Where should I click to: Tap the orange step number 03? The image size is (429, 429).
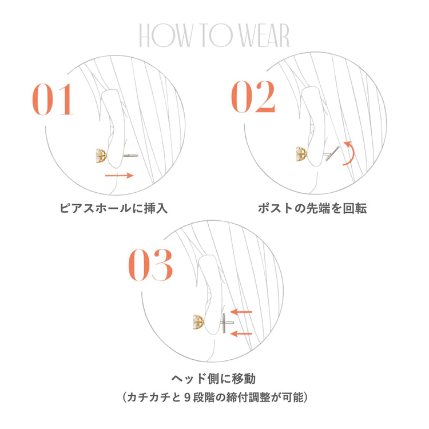click(150, 264)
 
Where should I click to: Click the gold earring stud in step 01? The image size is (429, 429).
click(102, 155)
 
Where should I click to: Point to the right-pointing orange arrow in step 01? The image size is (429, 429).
click(119, 175)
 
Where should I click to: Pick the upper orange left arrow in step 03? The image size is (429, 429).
click(244, 312)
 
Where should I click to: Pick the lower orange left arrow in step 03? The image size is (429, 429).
click(244, 333)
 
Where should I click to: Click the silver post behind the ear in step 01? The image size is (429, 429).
click(131, 154)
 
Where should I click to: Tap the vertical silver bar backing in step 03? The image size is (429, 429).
click(227, 323)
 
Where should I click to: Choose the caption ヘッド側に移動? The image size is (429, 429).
click(214, 379)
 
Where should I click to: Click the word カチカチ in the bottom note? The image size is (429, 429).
click(145, 396)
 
